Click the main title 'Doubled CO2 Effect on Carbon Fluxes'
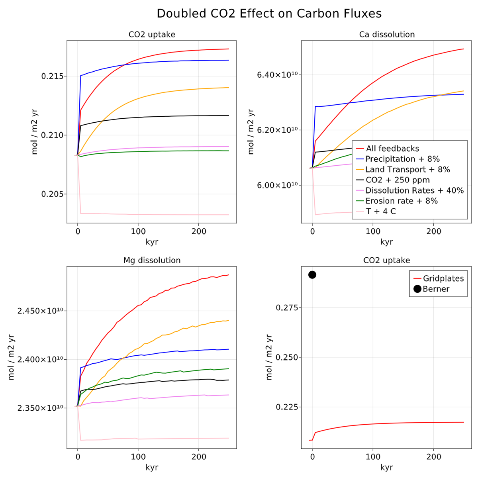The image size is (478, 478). pyautogui.click(x=269, y=14)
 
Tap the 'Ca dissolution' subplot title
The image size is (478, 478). pyautogui.click(x=387, y=35)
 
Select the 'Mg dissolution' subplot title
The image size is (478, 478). pyautogui.click(x=152, y=261)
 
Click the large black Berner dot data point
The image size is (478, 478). pyautogui.click(x=312, y=275)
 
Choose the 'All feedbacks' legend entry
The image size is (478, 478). pyautogui.click(x=392, y=149)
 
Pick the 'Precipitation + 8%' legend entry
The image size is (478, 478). pyautogui.click(x=402, y=159)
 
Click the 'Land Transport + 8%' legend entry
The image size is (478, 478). pyautogui.click(x=407, y=170)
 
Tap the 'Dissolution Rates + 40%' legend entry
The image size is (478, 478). pyautogui.click(x=414, y=190)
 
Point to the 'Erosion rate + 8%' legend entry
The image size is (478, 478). pyautogui.click(x=402, y=201)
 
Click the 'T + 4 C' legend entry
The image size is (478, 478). pyautogui.click(x=381, y=212)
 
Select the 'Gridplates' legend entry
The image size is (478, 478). pyautogui.click(x=443, y=278)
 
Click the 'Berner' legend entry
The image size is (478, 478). pyautogui.click(x=436, y=289)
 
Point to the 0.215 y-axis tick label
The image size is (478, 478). pyautogui.click(x=52, y=76)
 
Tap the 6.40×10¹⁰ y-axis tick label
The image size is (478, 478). pyautogui.click(x=279, y=74)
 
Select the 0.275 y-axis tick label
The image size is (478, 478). pyautogui.click(x=287, y=308)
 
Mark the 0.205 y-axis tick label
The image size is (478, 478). pyautogui.click(x=52, y=194)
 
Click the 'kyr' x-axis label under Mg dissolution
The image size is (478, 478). pyautogui.click(x=152, y=468)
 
